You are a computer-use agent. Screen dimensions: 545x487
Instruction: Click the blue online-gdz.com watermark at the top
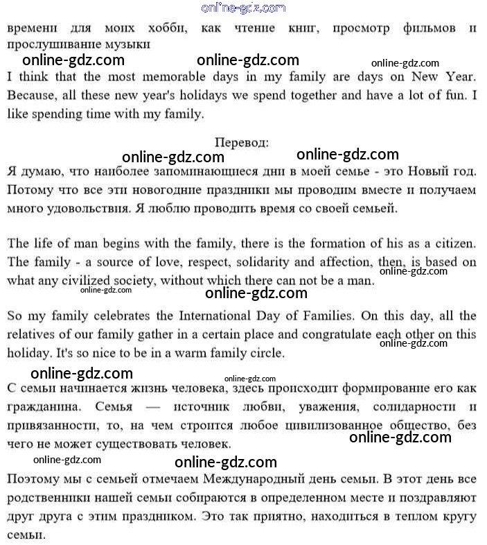pyautogui.click(x=242, y=8)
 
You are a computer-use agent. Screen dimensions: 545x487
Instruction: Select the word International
pyautogui.click(x=224, y=315)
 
